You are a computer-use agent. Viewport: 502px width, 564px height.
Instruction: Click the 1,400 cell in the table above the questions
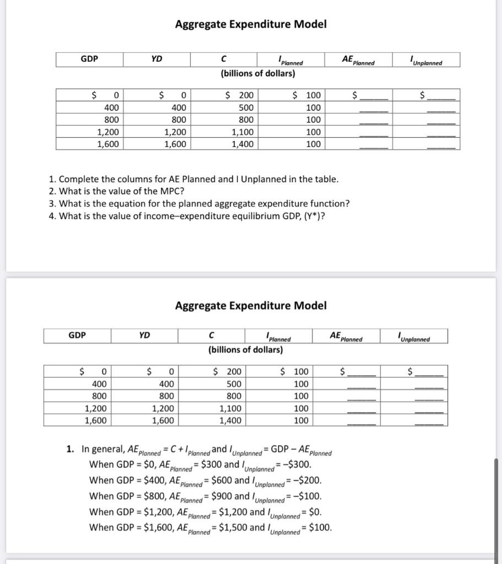click(x=242, y=144)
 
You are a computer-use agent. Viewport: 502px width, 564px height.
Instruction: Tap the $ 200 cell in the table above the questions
click(x=240, y=95)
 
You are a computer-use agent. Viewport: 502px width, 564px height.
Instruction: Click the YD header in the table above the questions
click(x=156, y=59)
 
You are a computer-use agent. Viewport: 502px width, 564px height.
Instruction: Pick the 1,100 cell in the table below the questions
click(x=230, y=408)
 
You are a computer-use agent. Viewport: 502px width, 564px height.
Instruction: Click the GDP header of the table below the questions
click(x=77, y=334)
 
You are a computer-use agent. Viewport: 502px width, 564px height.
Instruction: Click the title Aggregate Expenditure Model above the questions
click(x=251, y=24)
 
